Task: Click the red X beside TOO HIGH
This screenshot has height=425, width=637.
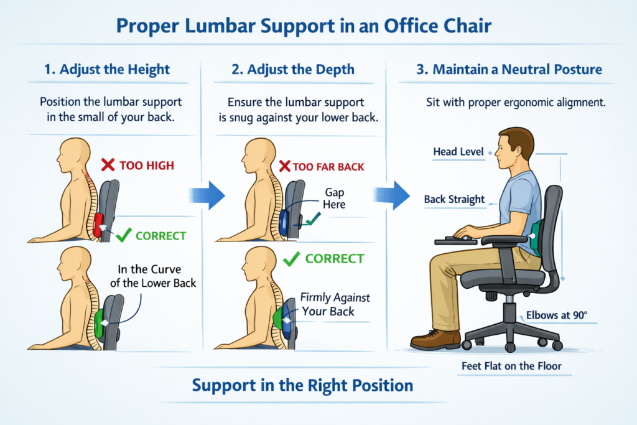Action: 108,165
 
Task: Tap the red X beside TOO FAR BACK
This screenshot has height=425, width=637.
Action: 286,166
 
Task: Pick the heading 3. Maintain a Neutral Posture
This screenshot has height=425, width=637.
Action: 509,69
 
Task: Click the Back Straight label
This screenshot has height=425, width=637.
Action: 454,200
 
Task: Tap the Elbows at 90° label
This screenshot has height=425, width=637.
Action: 556,315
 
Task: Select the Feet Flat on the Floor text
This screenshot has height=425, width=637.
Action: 511,366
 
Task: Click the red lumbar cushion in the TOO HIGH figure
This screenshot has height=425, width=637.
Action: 98,224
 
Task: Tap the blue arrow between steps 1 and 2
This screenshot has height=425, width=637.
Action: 207,195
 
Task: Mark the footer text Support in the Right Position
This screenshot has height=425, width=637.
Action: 302,385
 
